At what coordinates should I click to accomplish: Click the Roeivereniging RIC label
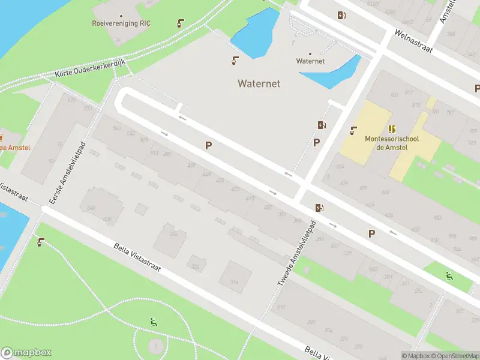click(121, 23)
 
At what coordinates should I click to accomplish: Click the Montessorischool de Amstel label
click(392, 143)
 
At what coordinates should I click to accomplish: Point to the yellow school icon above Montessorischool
click(392, 128)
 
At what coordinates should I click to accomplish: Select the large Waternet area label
click(259, 83)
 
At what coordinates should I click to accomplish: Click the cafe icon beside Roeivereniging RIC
click(180, 23)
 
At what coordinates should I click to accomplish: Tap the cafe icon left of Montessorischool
click(354, 130)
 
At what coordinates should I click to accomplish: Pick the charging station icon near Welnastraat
click(341, 16)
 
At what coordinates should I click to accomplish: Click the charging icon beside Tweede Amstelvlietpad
click(320, 208)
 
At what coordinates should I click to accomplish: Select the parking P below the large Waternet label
click(208, 145)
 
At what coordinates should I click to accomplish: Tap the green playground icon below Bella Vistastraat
click(154, 322)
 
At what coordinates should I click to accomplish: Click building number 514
click(234, 282)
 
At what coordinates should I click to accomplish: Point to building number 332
click(174, 233)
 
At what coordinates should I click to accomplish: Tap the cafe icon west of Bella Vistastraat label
click(40, 242)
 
